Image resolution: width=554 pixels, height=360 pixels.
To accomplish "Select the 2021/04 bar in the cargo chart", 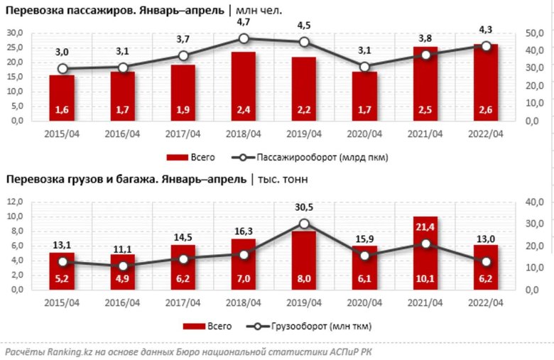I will tap(425, 252).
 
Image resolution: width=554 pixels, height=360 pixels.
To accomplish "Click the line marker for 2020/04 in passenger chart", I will tap(365, 67).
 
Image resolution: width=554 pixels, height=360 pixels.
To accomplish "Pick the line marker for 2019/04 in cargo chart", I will tap(304, 224).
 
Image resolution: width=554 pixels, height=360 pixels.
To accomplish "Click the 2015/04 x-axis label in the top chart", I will tap(62, 133).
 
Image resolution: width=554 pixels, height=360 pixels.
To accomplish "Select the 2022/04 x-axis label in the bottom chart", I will tap(487, 302).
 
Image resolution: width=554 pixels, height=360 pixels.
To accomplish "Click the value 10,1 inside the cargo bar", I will tap(425, 279).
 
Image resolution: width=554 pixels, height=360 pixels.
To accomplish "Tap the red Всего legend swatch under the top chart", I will tap(175, 157).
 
